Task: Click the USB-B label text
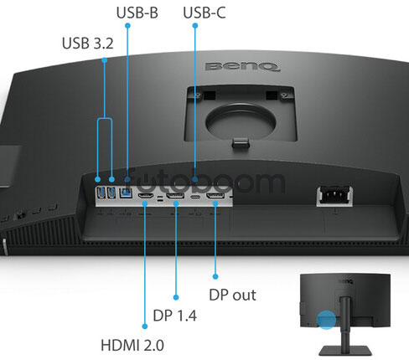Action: (x=137, y=13)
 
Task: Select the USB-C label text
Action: (x=204, y=13)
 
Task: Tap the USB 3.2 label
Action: (x=88, y=44)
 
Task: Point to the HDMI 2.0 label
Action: (x=132, y=345)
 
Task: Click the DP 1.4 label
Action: (x=175, y=316)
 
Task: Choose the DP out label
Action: (x=232, y=295)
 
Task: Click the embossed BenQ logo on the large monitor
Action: (x=242, y=67)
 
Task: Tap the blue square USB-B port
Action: (x=126, y=193)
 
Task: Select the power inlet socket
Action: (x=334, y=195)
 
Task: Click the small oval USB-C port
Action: (x=195, y=197)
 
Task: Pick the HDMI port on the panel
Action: (x=145, y=196)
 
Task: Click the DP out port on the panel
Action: (x=215, y=196)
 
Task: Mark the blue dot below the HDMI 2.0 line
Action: (x=145, y=327)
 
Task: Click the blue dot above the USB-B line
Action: (x=127, y=26)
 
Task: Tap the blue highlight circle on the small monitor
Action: (x=326, y=320)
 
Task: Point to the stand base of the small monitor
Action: (x=345, y=351)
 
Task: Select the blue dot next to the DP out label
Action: (x=215, y=276)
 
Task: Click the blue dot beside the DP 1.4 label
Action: (x=176, y=297)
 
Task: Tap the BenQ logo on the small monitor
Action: (x=346, y=281)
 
